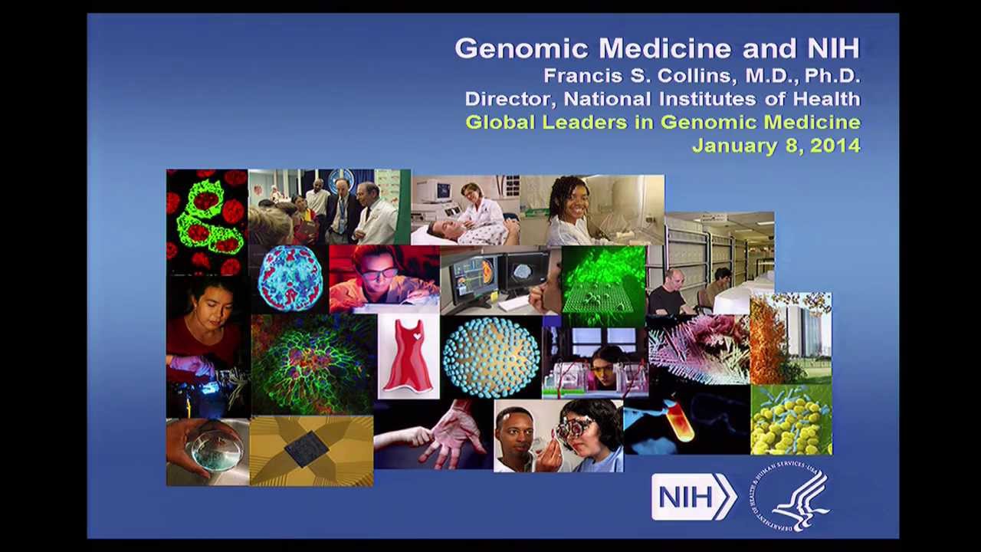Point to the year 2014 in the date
[x=835, y=146]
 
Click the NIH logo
[x=693, y=497]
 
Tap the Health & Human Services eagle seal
[x=790, y=497]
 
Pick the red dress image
[x=408, y=356]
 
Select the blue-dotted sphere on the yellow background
[x=490, y=356]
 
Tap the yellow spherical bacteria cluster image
[x=790, y=420]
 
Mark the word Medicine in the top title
[x=666, y=49]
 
